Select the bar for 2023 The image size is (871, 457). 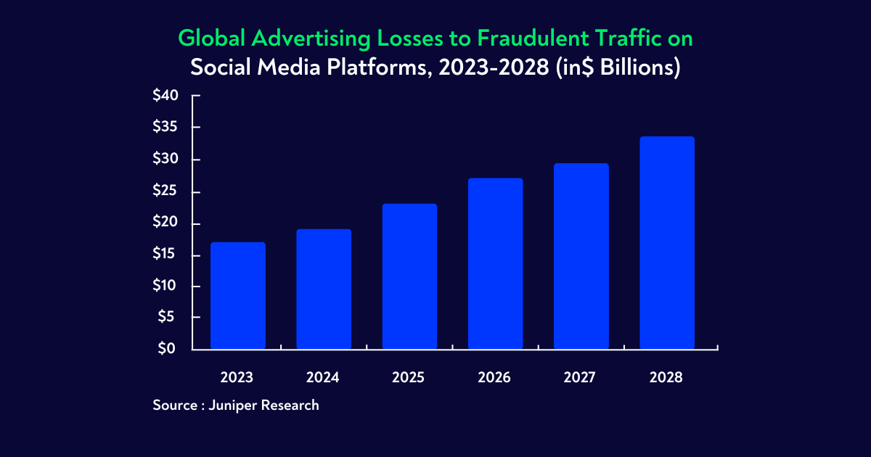237,296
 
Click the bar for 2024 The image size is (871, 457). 323,289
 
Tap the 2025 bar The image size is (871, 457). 409,276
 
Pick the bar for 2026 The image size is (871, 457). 495,263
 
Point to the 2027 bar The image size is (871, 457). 581,256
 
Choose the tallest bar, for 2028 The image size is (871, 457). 666,243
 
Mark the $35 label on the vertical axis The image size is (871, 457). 165,128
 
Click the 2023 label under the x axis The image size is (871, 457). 237,378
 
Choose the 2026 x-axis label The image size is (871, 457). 494,378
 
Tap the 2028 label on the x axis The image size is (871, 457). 666,378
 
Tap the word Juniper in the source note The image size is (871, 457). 233,405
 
